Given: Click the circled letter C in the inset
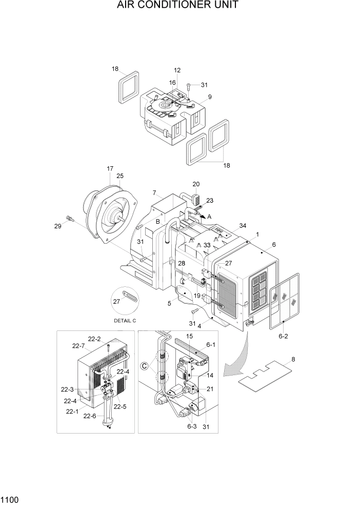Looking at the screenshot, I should (145, 366).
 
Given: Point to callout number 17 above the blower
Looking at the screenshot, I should (110, 169).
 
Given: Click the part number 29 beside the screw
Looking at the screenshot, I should (58, 226).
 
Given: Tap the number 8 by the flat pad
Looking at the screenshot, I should (293, 360).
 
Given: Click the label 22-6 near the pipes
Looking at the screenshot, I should (90, 416).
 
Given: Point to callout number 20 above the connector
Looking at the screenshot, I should (196, 184).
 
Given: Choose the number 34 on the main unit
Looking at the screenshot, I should (243, 226).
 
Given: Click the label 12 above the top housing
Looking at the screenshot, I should (177, 70).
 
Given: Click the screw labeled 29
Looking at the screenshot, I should (70, 219).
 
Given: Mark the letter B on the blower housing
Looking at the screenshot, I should (158, 222).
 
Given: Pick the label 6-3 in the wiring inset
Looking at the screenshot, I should (191, 426).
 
